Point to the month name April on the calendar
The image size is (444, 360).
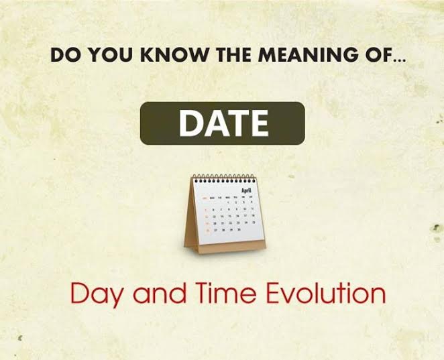[246, 190]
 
